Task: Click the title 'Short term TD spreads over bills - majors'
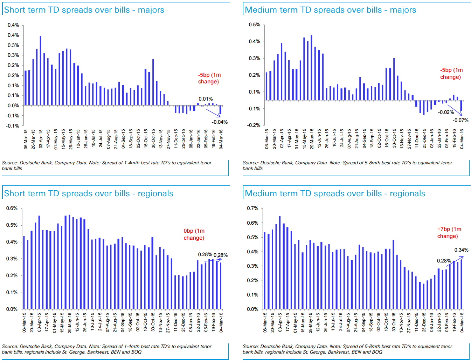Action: (84, 10)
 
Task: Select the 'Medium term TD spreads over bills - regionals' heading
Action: (335, 193)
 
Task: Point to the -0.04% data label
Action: (220, 122)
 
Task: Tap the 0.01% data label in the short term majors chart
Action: (206, 99)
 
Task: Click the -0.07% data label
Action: (460, 120)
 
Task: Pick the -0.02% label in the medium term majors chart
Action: (446, 112)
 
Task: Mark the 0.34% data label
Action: (461, 250)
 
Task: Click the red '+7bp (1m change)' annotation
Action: (449, 233)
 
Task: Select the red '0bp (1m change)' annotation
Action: (194, 234)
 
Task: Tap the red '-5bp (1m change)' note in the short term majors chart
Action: (209, 78)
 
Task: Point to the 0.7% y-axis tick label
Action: (252, 208)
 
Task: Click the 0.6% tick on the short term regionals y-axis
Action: (12, 208)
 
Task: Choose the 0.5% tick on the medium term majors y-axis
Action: (254, 25)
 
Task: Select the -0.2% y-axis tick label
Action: (254, 125)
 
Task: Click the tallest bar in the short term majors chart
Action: (41, 70)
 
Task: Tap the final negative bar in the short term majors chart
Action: (220, 110)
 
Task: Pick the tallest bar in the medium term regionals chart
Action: (279, 263)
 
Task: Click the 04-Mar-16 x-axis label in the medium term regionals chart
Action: (462, 322)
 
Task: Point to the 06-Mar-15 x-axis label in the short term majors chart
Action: (26, 139)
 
